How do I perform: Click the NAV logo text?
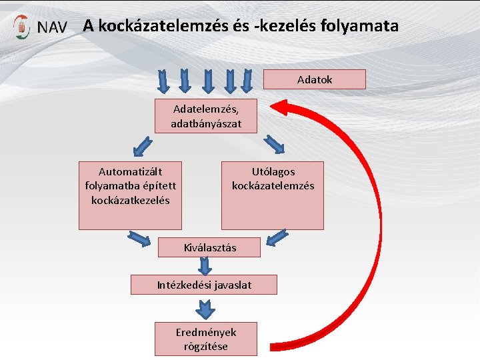[x=52, y=28]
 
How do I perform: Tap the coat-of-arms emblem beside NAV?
[x=23, y=27]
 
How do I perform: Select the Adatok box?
[x=315, y=79]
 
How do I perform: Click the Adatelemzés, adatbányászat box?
[x=205, y=115]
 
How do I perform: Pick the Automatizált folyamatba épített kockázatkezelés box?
[x=130, y=195]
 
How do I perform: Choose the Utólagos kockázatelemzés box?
[x=272, y=195]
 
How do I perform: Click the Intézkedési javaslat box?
[x=204, y=285]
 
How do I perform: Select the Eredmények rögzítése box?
[x=205, y=339]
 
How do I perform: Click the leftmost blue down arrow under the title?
[x=162, y=82]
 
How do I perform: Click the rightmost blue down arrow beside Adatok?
[x=247, y=82]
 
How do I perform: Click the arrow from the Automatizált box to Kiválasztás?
[x=139, y=237]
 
